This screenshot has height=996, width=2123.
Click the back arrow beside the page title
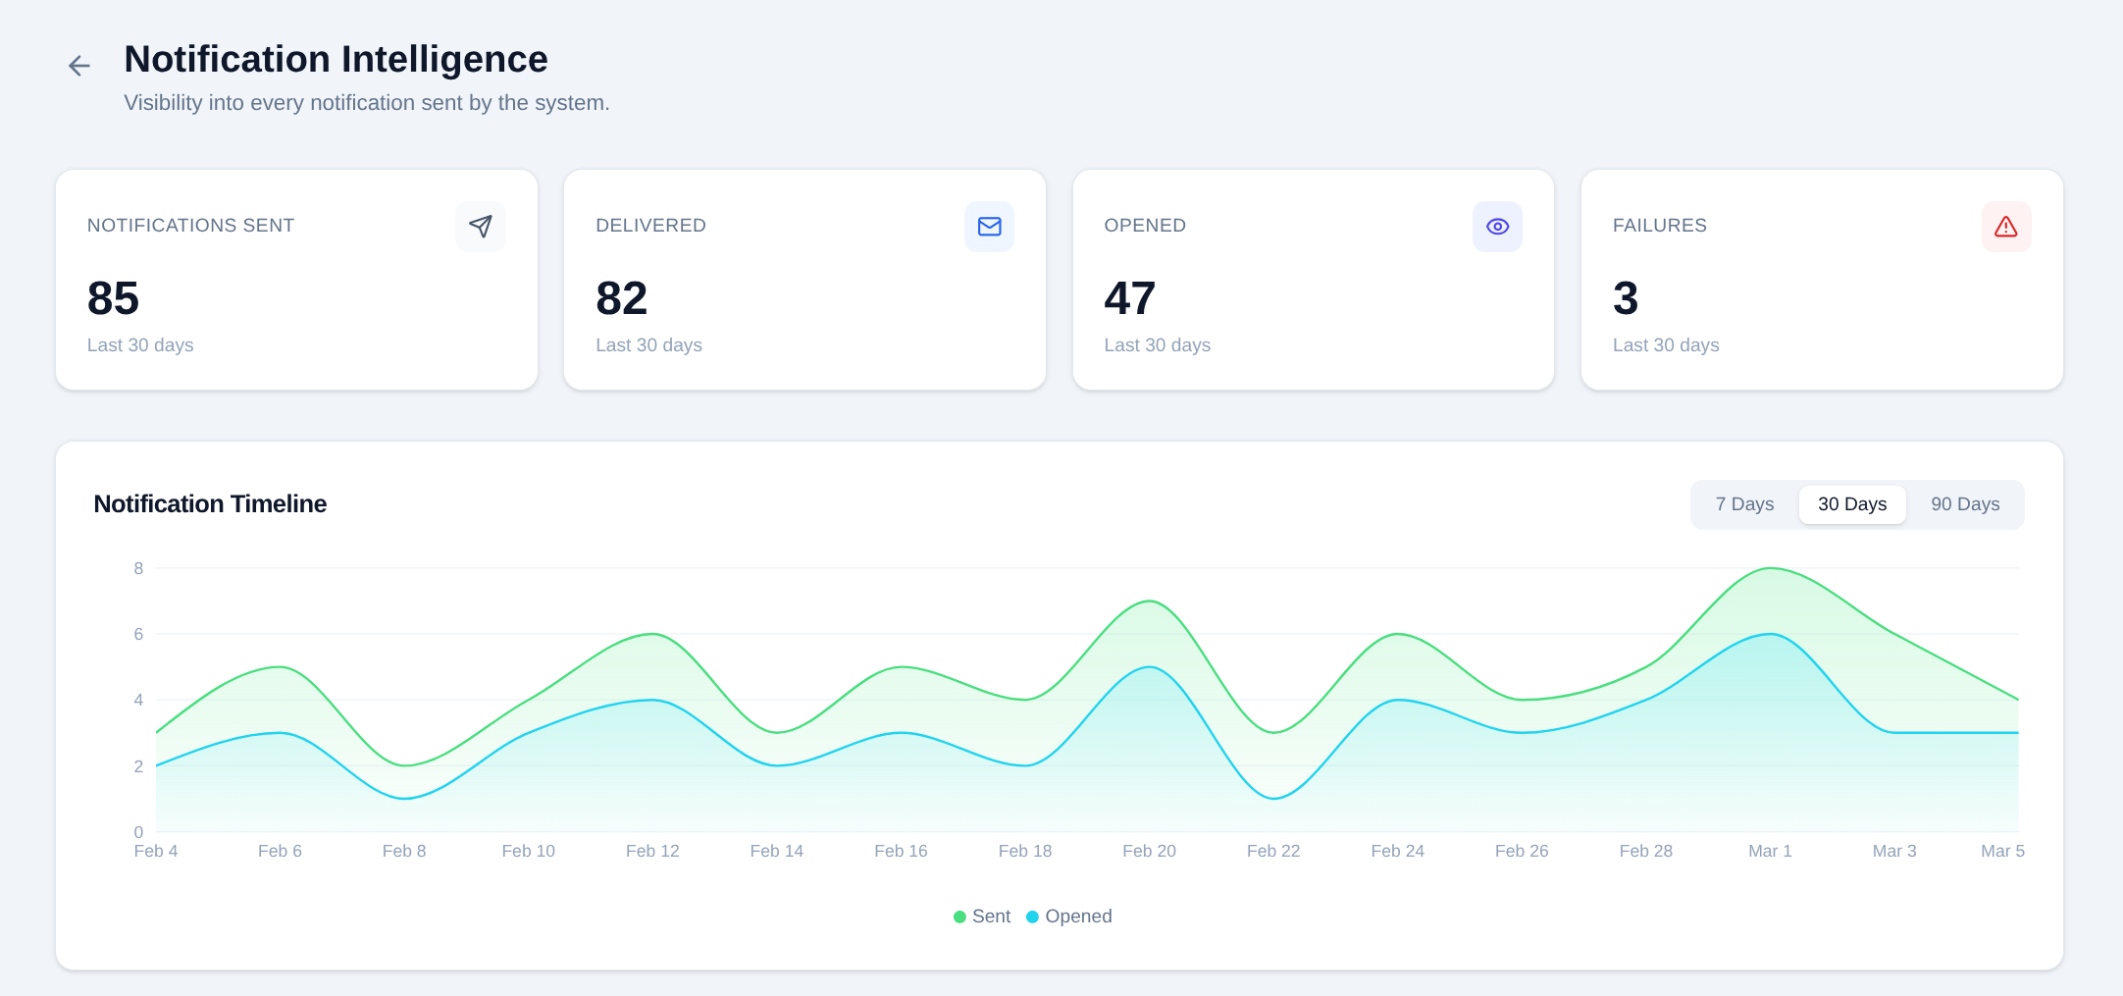point(79,66)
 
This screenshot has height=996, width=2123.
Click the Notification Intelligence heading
point(336,60)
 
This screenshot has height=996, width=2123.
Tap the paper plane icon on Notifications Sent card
point(481,227)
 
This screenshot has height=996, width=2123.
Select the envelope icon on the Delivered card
point(989,227)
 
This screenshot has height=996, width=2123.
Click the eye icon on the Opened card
point(1497,227)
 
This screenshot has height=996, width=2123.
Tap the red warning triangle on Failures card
point(2006,227)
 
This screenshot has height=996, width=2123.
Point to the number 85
point(113,298)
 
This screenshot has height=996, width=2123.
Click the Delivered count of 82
point(621,298)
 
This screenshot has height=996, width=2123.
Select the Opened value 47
point(1129,298)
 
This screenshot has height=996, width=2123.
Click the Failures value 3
point(1626,298)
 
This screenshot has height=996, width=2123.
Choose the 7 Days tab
point(1744,504)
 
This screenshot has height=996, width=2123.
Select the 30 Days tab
point(1852,504)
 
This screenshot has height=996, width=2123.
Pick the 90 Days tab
point(1965,504)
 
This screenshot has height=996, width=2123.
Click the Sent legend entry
point(982,917)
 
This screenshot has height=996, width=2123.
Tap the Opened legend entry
point(1069,917)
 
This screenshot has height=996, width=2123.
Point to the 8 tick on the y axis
point(138,568)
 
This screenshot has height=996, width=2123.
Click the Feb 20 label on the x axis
point(1149,851)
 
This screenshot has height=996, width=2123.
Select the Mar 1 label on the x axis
point(1770,851)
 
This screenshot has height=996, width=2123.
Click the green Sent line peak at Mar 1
point(1770,568)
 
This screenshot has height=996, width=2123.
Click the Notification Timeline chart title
point(210,504)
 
